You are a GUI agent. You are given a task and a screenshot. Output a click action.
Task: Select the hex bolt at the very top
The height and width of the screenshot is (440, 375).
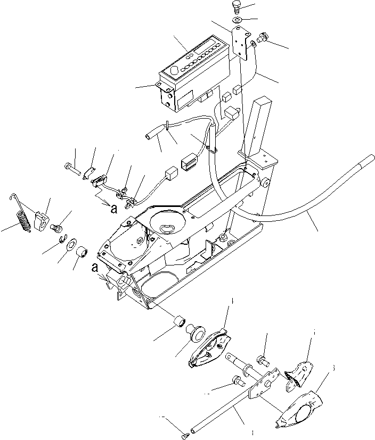click(x=236, y=7)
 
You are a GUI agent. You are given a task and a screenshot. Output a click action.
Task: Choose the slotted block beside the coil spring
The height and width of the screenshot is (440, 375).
click(x=40, y=220)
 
